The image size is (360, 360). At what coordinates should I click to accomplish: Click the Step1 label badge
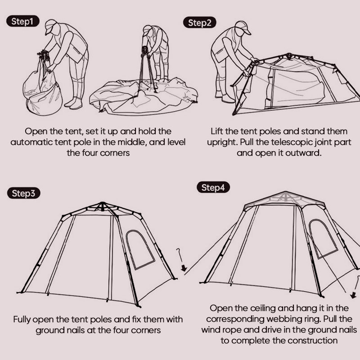[23, 22]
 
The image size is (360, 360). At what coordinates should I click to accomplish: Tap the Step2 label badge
[199, 23]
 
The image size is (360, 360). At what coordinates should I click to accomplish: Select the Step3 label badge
[23, 193]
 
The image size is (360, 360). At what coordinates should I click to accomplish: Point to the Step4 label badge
[213, 188]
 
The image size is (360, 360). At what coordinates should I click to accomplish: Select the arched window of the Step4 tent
[323, 238]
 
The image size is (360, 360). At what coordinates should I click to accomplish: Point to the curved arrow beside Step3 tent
[181, 261]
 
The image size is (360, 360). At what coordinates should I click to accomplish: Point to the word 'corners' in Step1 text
[114, 153]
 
